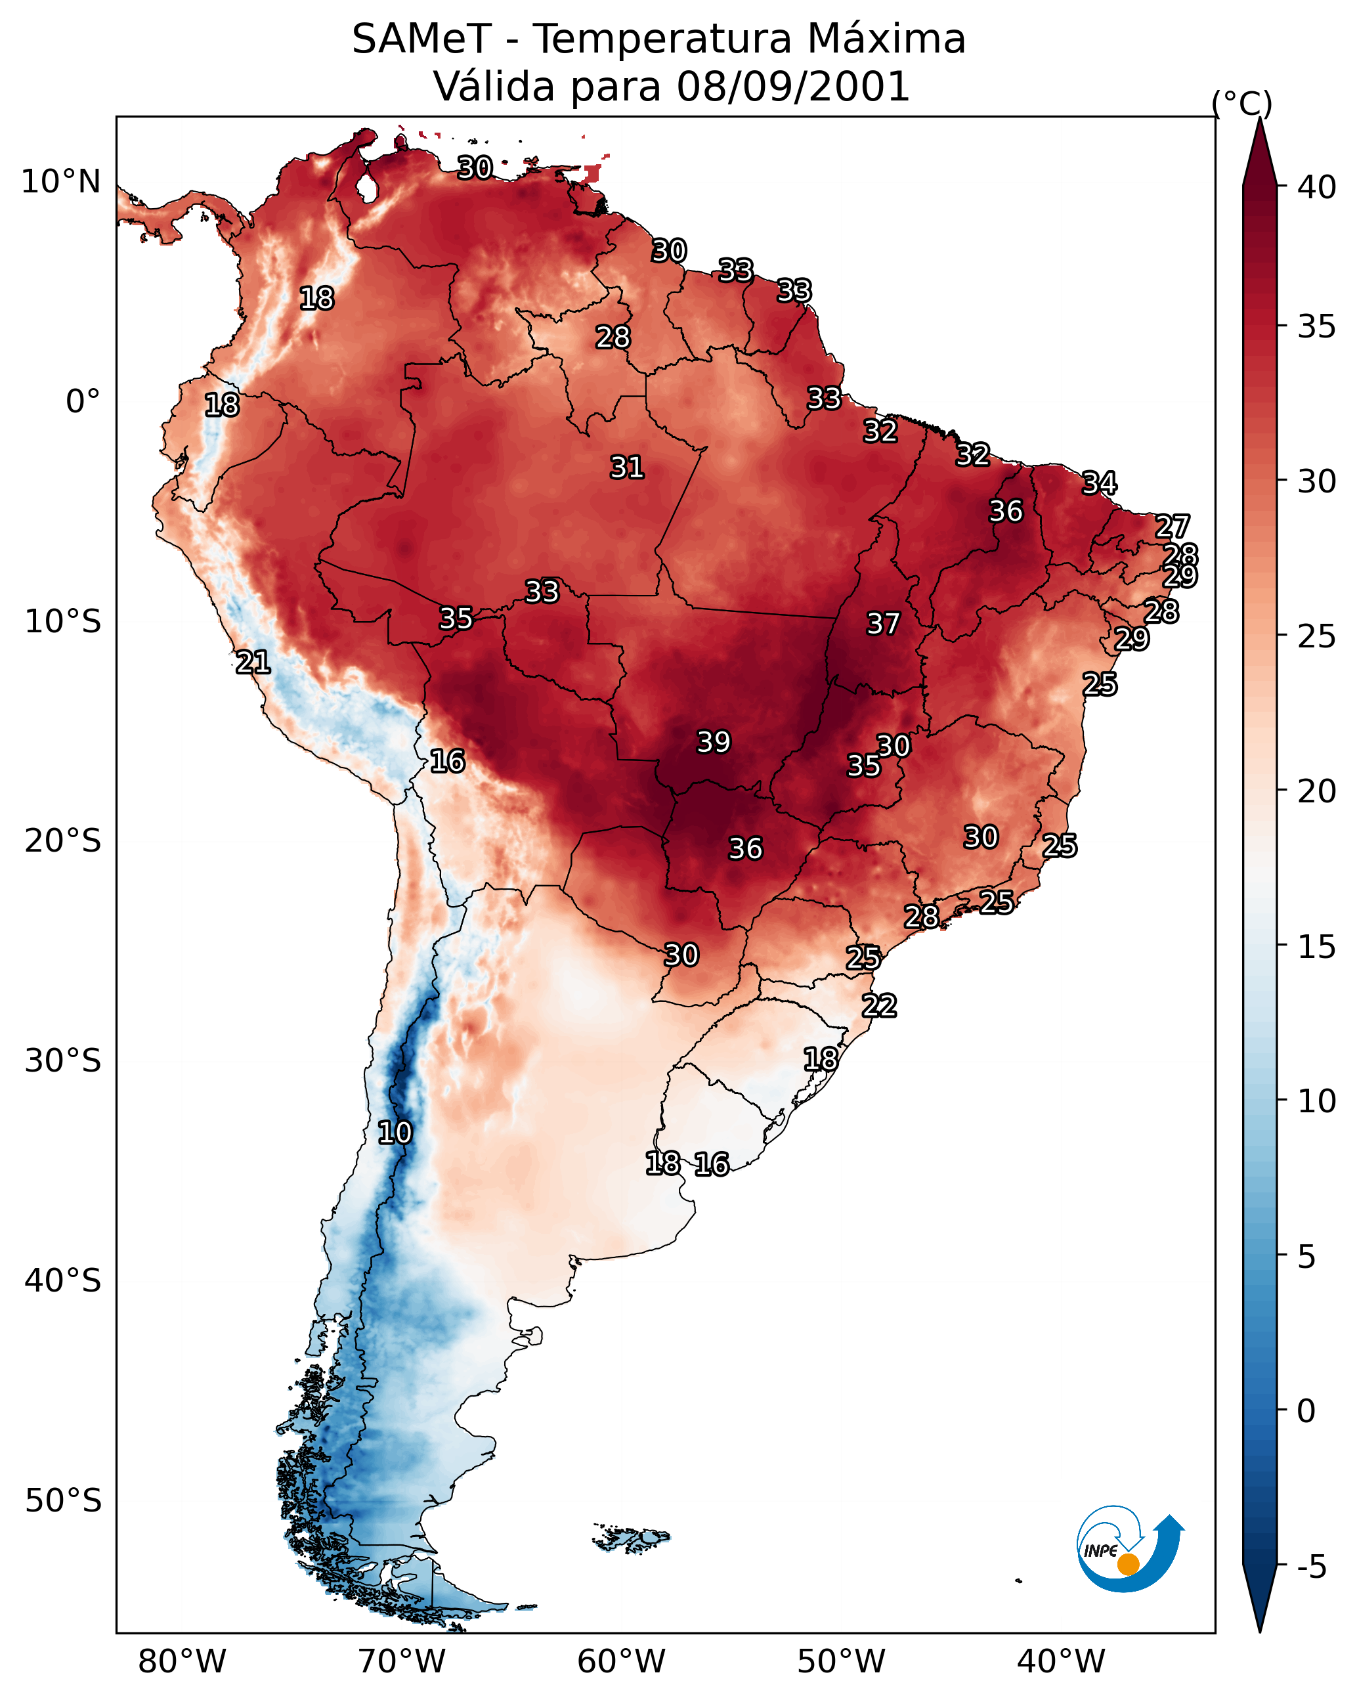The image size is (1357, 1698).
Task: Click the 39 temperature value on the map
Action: (x=714, y=742)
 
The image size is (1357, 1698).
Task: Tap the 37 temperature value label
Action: (x=883, y=624)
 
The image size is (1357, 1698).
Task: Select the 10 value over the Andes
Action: (x=395, y=1133)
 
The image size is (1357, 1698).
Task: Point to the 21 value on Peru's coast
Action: (x=253, y=663)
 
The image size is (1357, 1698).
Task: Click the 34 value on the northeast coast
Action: (x=1100, y=483)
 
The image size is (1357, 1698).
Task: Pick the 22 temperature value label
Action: (x=879, y=1006)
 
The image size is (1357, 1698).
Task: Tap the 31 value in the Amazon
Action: (x=627, y=467)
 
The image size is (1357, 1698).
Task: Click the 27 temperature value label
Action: (x=1172, y=526)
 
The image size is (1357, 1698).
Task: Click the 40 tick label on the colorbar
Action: (x=1317, y=187)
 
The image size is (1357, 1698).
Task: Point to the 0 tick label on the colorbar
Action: (x=1306, y=1411)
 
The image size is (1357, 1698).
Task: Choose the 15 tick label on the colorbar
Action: (x=1317, y=947)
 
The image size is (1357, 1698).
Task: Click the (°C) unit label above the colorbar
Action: (x=1242, y=103)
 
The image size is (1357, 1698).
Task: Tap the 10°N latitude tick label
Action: (x=60, y=182)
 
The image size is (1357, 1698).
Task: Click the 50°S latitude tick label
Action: (x=63, y=1501)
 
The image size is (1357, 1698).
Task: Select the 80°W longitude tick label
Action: (x=182, y=1661)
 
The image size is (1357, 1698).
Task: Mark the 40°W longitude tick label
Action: (x=1061, y=1661)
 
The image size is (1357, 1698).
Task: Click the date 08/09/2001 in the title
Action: (x=794, y=87)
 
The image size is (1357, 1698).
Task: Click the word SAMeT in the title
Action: (x=421, y=39)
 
